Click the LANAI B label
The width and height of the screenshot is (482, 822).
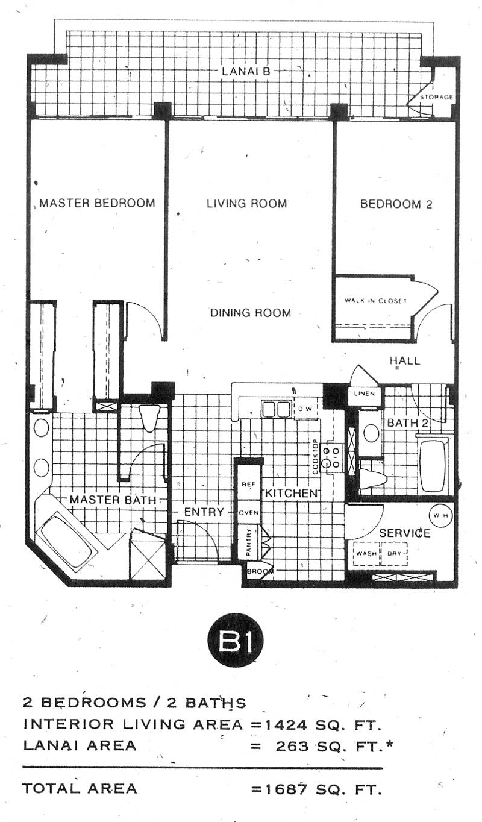click(246, 71)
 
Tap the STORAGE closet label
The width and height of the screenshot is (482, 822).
click(437, 97)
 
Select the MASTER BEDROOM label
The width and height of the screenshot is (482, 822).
click(97, 203)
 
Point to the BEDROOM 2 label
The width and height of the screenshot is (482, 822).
click(396, 204)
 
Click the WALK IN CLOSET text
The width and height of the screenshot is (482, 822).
click(375, 301)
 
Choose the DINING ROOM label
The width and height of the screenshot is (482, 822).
click(251, 313)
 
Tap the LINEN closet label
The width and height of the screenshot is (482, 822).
click(365, 394)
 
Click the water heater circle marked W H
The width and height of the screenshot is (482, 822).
click(440, 515)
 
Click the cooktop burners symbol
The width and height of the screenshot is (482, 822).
click(331, 457)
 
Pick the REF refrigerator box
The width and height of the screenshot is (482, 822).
click(249, 483)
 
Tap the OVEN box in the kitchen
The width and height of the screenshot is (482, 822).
click(249, 513)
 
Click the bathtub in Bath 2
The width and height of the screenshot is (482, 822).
click(433, 465)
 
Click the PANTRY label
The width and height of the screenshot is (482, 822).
click(249, 542)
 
